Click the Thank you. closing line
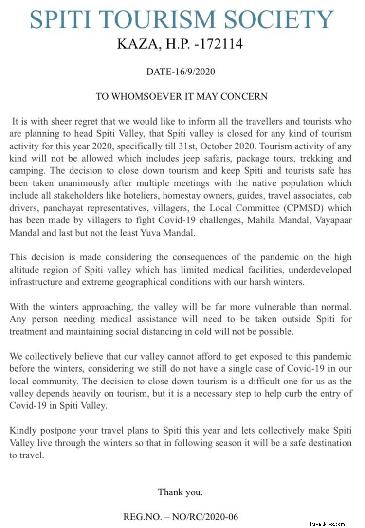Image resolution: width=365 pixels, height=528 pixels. (180, 492)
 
